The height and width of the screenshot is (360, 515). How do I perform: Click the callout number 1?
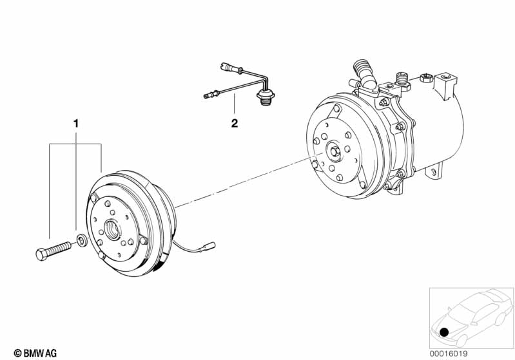pos(76,124)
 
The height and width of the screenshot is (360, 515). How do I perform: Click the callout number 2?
pos(234,124)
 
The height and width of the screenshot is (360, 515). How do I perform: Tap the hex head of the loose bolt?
pos(41,254)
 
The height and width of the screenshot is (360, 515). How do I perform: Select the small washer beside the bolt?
pos(82,240)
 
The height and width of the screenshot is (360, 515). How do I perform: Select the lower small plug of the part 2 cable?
pos(210,95)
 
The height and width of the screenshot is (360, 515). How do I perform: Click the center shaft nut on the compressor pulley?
pos(335,151)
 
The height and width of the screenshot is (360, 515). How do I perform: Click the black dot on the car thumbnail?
pos(444,332)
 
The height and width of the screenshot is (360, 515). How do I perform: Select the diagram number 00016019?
pos(449,354)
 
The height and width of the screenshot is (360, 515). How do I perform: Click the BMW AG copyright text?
pos(35,353)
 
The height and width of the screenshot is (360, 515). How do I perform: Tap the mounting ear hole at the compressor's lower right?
pos(434,173)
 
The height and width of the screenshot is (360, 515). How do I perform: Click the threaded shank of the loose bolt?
pos(59,248)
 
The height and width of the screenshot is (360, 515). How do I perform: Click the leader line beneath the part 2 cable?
pos(234,105)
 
